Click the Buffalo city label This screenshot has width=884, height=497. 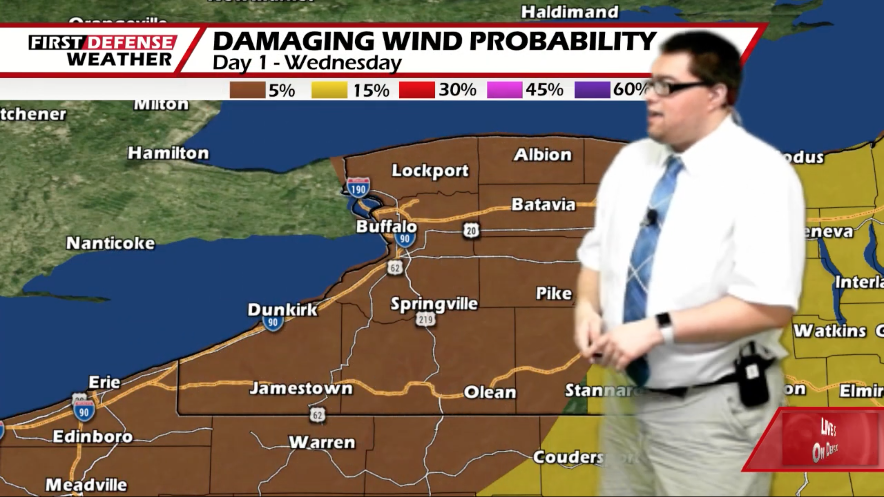click(x=386, y=226)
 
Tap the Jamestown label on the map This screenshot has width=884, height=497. click(x=301, y=388)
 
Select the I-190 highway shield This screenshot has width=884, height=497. click(x=358, y=187)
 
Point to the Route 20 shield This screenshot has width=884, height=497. click(x=471, y=231)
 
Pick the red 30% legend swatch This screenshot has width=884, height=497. click(x=416, y=90)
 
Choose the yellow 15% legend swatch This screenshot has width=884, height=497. click(x=329, y=90)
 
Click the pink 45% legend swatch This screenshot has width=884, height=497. click(x=504, y=90)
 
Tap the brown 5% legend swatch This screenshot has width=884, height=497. click(x=247, y=90)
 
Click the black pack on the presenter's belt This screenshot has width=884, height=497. click(x=753, y=377)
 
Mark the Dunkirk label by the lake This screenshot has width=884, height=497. click(x=282, y=310)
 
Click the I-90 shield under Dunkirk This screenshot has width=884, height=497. click(x=273, y=322)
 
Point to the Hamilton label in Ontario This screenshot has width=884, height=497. click(x=168, y=153)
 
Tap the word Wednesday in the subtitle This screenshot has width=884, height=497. click(x=343, y=63)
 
